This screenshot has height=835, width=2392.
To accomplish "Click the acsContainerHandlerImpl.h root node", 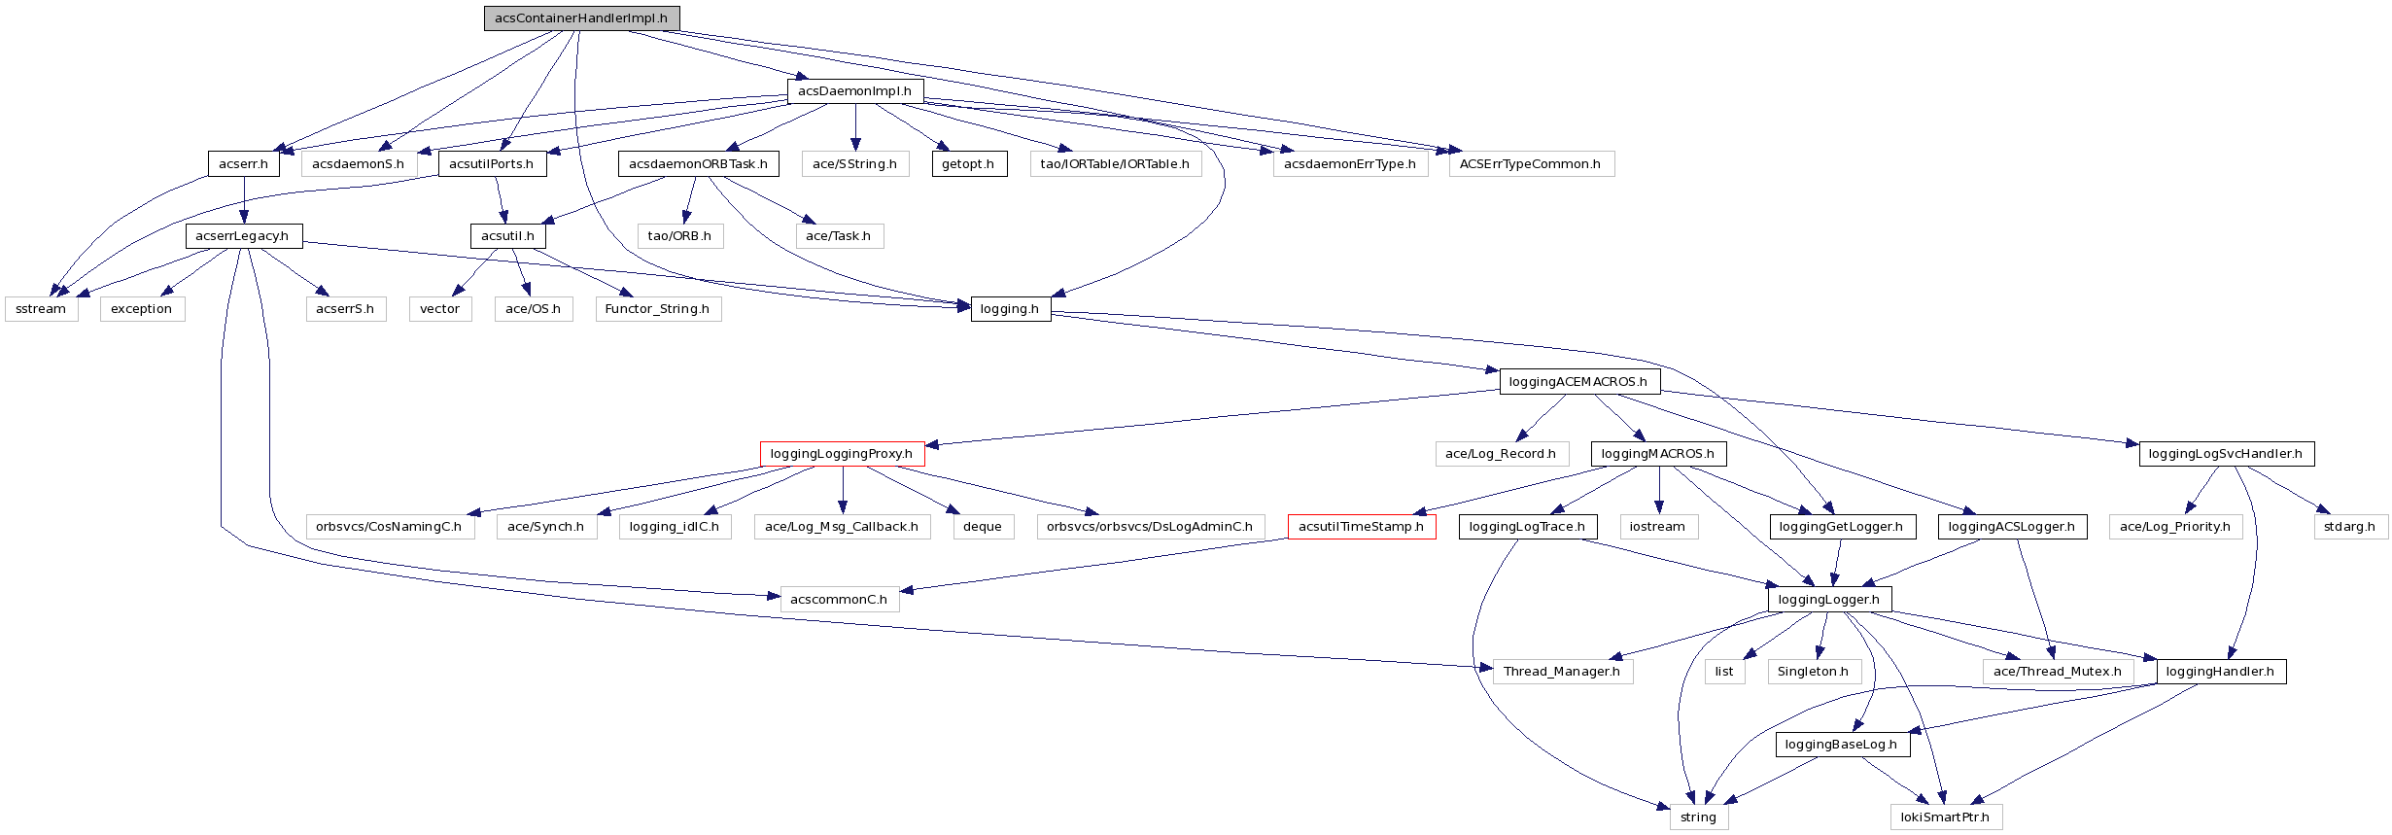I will coord(581,18).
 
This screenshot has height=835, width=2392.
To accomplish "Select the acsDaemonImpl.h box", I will coord(854,91).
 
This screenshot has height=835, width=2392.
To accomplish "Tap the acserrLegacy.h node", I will coord(243,236).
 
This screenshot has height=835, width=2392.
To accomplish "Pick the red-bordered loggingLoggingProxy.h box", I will coord(841,454).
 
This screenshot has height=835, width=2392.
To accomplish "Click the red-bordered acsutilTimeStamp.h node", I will coord(1361,527).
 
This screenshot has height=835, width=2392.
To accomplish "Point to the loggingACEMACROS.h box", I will coord(1578,382).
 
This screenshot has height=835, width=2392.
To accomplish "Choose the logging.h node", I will coord(1010,309).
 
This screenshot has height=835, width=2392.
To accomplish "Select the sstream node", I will coord(41,309).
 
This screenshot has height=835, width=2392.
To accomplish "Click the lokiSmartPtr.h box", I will coord(1945,818).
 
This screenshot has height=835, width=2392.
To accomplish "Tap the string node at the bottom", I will coord(1698,818).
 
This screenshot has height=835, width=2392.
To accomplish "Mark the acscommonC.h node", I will coord(839,600).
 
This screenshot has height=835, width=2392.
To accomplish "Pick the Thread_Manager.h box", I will coord(1562,672).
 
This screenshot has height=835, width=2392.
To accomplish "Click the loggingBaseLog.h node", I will coord(1841,745).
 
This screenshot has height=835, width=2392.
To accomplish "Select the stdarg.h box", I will coord(2349,527).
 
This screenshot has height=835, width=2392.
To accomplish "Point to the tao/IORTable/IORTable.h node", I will coord(1115,164).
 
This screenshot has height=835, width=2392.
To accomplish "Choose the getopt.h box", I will coord(968,164).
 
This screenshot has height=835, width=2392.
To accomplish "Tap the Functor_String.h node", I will coord(657,309).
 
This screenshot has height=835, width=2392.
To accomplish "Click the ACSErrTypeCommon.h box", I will coord(1530,164).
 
